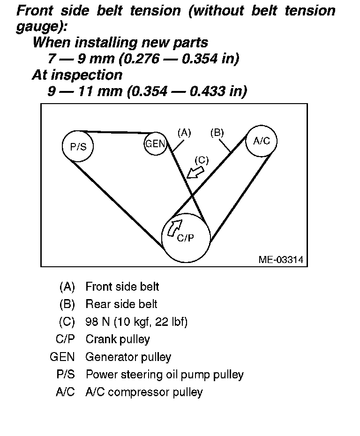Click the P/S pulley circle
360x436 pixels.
(78, 147)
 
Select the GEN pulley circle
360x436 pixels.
(155, 144)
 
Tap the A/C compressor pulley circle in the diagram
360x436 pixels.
(261, 141)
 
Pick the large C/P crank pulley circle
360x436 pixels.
(186, 237)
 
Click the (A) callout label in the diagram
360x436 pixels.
(184, 133)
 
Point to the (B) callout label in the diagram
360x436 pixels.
(217, 133)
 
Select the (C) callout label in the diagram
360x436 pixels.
(201, 160)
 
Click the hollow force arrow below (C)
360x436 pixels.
(194, 172)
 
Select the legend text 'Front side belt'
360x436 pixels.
(122, 286)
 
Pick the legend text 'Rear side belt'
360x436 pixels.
(121, 304)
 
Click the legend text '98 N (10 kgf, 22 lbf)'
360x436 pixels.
(136, 322)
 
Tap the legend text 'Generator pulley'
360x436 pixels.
(128, 357)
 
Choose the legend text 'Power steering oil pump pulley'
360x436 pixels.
(165, 375)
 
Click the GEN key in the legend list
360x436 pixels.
(62, 357)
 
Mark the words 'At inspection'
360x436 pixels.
(77, 75)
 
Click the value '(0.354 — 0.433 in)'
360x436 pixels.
(187, 91)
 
